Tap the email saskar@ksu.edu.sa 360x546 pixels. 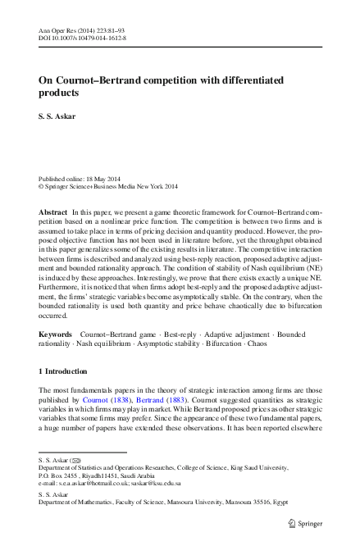pyautogui.click(x=171, y=485)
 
